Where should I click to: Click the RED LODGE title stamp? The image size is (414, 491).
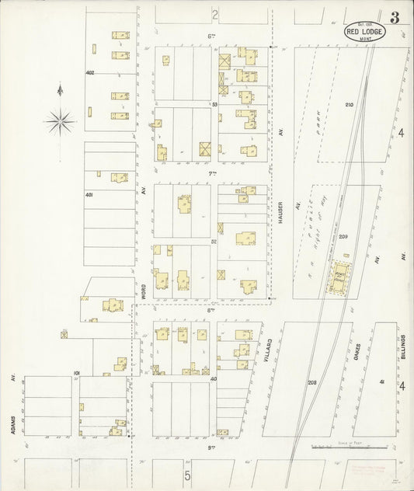363,31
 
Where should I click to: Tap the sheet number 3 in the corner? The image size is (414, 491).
395,18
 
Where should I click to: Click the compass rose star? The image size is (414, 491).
60,120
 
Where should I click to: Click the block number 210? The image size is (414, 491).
348,104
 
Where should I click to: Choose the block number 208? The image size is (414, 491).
312,383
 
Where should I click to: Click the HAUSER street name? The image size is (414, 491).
279,208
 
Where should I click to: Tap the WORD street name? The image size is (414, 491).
144,291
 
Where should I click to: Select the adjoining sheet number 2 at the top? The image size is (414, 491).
215,14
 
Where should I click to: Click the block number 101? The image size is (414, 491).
77,373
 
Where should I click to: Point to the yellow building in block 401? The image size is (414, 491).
119,178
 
